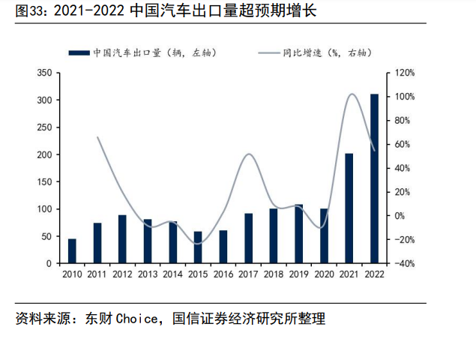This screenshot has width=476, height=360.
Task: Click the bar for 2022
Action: (x=374, y=178)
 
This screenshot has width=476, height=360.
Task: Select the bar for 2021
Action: (x=349, y=208)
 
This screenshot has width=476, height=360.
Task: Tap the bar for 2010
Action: (x=72, y=251)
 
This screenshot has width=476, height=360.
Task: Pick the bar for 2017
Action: (x=248, y=238)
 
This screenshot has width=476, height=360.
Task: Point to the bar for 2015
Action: (x=198, y=247)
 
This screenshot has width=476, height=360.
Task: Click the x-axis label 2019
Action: (x=298, y=274)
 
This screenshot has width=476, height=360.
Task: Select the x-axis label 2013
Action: (x=148, y=274)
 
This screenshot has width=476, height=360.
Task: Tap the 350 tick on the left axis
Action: (x=44, y=73)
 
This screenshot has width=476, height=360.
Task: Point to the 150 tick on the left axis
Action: (x=44, y=182)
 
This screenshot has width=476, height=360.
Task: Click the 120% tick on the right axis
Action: (x=405, y=73)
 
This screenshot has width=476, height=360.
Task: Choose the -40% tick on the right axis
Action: (x=405, y=264)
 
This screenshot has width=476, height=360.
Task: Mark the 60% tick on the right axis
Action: (x=403, y=145)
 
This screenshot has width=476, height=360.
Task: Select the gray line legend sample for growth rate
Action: (x=268, y=52)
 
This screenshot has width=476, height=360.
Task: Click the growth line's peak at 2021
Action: (x=351, y=94)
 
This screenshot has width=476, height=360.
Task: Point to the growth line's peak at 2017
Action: (x=249, y=154)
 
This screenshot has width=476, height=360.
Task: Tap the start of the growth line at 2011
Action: (x=97, y=137)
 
